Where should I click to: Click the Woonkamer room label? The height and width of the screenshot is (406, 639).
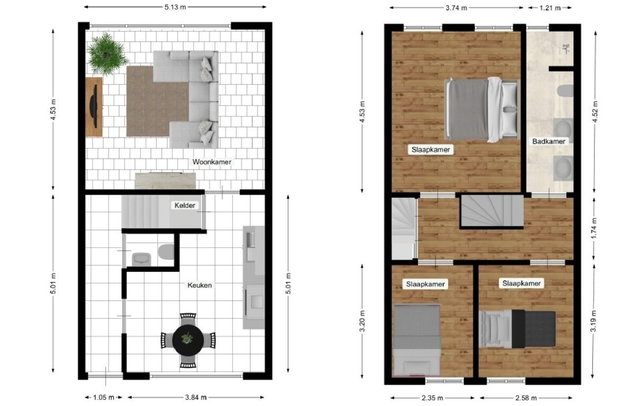[x=212, y=162]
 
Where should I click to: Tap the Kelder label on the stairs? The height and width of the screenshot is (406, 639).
[x=185, y=205]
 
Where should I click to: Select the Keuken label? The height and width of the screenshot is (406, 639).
[x=200, y=285]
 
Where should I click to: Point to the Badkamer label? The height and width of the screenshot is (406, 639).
[x=549, y=142]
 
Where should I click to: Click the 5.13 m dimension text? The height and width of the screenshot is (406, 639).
[x=175, y=7]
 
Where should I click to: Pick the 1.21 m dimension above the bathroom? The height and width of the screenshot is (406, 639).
[x=550, y=8]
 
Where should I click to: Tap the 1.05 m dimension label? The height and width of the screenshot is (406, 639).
[x=104, y=398]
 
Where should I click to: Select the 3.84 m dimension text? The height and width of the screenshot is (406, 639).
[x=196, y=398]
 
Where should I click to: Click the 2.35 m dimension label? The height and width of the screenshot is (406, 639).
[x=433, y=398]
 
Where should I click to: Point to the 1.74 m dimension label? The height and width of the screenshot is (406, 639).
[x=594, y=228]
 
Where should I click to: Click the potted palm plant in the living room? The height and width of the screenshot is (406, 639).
[x=107, y=53]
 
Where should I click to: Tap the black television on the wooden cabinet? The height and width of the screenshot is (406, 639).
[x=94, y=106]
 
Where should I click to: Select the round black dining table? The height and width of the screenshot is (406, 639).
[x=188, y=340]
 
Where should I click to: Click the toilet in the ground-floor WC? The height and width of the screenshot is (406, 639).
[x=166, y=252]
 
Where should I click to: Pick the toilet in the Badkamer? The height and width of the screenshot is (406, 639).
[x=565, y=91]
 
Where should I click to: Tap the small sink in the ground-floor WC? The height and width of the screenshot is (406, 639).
[x=141, y=259]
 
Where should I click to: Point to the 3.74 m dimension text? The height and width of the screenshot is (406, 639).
[x=456, y=8]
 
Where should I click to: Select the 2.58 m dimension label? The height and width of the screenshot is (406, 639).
[x=526, y=398]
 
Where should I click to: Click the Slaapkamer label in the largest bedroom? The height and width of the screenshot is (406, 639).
[x=431, y=150]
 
